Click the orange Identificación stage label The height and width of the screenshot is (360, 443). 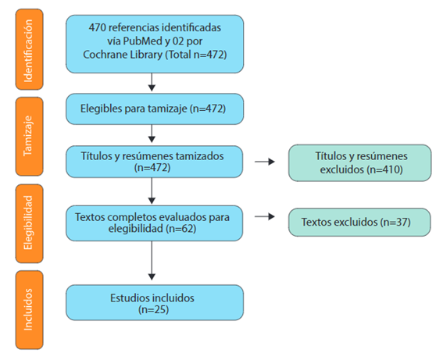(x=29, y=49)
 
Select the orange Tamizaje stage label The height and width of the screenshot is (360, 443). (x=29, y=137)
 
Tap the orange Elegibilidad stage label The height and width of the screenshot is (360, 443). (x=29, y=223)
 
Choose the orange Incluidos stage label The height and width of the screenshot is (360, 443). (x=29, y=310)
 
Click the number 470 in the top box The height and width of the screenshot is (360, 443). (x=97, y=27)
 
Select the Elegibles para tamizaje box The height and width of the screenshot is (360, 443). (x=155, y=109)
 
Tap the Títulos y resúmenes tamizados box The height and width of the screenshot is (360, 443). (x=154, y=162)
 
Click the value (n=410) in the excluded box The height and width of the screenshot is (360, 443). (x=384, y=169)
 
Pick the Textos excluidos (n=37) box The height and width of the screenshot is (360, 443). (x=359, y=223)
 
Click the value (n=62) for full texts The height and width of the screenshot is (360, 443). (x=181, y=229)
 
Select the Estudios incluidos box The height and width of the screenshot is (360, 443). (x=155, y=302)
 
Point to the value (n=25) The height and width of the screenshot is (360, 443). (x=153, y=310)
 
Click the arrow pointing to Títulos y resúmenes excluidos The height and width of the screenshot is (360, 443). (x=265, y=162)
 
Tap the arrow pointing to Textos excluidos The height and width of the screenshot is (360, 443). (x=265, y=216)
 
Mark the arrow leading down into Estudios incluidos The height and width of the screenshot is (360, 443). (x=152, y=261)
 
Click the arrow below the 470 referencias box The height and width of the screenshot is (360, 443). (x=152, y=82)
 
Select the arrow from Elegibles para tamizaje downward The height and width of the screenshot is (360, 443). (x=152, y=134)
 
